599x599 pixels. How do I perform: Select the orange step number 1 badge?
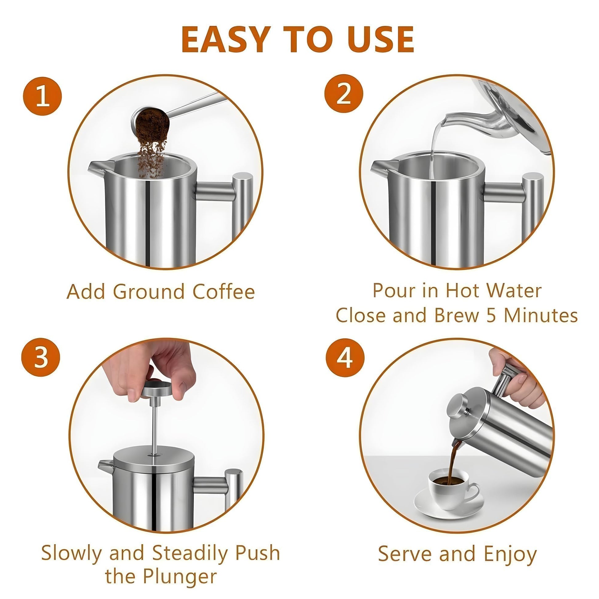point(42,96)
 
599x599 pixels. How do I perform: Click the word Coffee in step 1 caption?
point(224,292)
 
